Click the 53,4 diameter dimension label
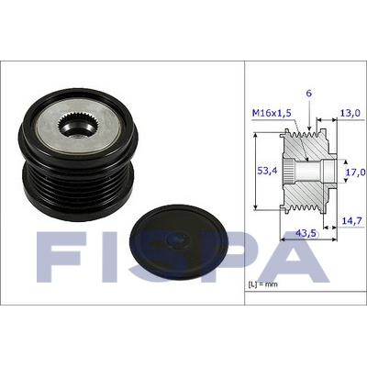tap(267, 171)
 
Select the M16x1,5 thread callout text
tap(272, 113)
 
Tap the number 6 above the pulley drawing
tap(309, 94)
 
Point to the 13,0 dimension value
tap(351, 113)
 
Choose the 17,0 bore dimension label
tap(355, 172)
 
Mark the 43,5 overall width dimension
tap(306, 233)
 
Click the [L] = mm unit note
tap(262, 284)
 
